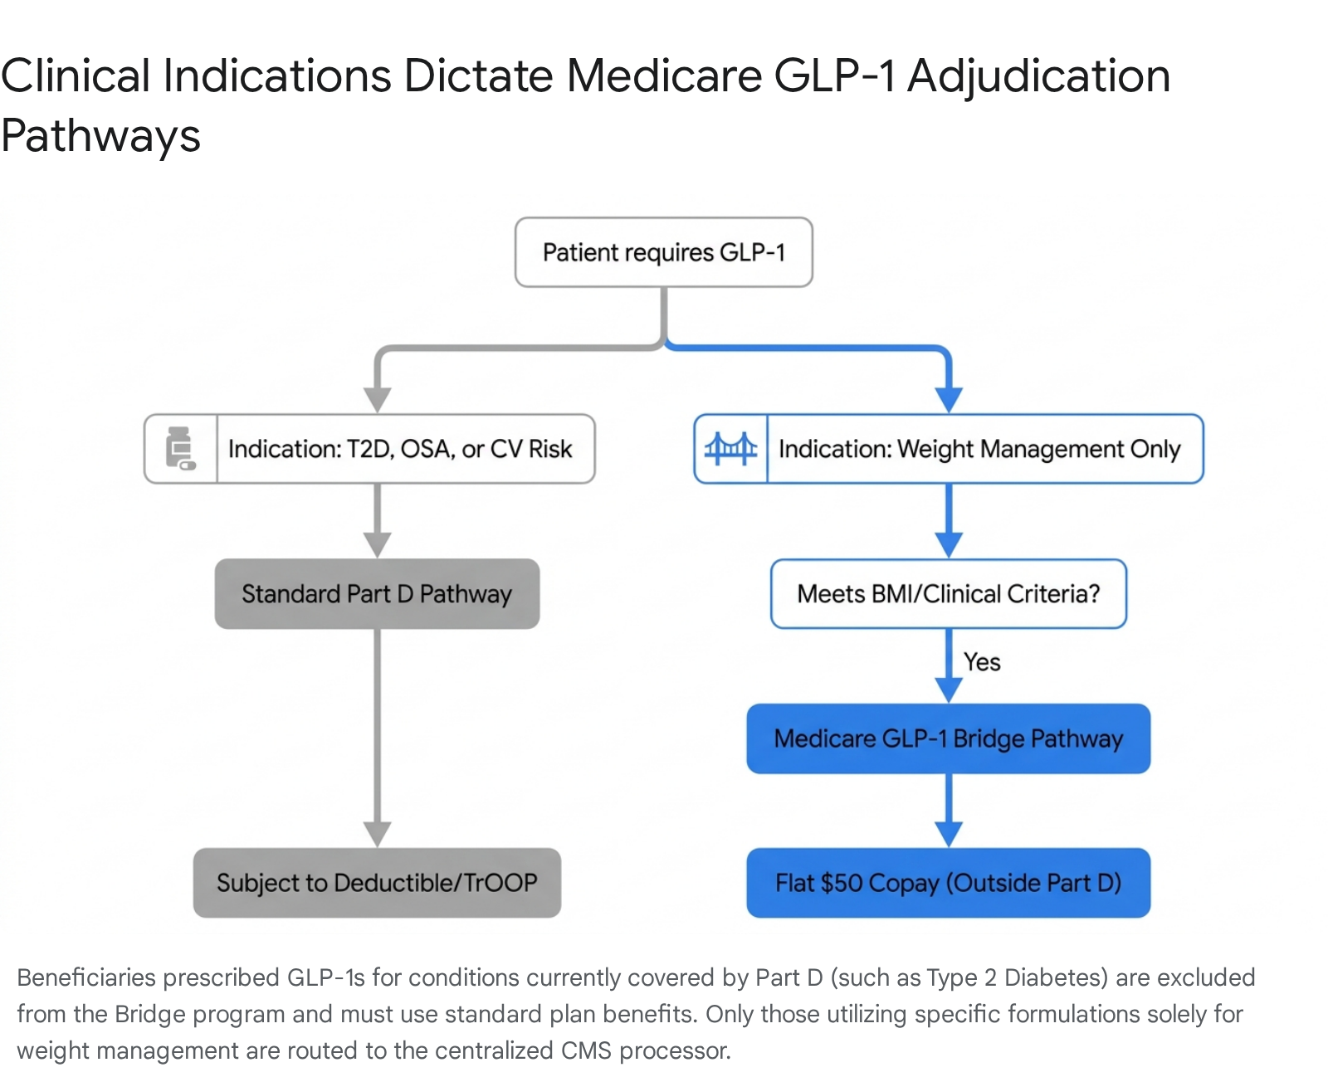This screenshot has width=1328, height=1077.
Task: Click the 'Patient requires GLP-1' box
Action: pyautogui.click(x=663, y=251)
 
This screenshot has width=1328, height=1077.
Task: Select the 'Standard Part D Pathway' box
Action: pyautogui.click(x=377, y=593)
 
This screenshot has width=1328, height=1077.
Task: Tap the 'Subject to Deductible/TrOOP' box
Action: pyautogui.click(x=377, y=883)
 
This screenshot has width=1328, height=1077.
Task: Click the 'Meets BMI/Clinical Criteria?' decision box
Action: pyautogui.click(x=949, y=593)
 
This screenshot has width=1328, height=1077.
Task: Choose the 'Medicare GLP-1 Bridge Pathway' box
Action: pyautogui.click(x=949, y=738)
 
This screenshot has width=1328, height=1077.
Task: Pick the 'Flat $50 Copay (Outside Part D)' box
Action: pyautogui.click(x=949, y=883)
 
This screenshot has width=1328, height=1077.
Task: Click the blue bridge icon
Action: pyautogui.click(x=730, y=449)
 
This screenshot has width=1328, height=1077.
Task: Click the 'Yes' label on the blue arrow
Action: pyautogui.click(x=982, y=662)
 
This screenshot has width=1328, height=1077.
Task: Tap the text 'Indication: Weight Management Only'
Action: pyautogui.click(x=979, y=449)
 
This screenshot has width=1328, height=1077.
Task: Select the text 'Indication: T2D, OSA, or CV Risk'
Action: pyautogui.click(x=400, y=449)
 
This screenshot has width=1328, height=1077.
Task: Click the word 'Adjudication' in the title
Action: pyautogui.click(x=1038, y=77)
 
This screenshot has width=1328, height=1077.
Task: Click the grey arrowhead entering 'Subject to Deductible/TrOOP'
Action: pyautogui.click(x=377, y=835)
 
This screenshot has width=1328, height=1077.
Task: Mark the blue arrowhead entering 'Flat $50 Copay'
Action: pyautogui.click(x=949, y=835)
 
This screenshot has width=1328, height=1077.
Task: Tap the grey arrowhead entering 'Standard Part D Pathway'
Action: pyautogui.click(x=377, y=545)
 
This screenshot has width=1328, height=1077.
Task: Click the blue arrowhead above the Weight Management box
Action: pyautogui.click(x=949, y=400)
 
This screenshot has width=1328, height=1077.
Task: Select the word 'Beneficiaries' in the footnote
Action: pyautogui.click(x=86, y=977)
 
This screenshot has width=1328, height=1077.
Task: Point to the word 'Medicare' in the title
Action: pyautogui.click(x=665, y=76)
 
